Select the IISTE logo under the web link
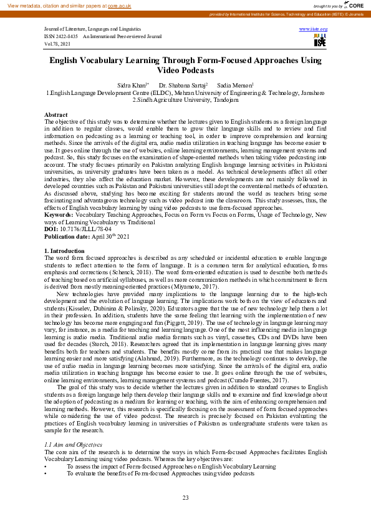click(320, 41)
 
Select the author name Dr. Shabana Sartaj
click(183, 84)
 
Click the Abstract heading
click(56, 116)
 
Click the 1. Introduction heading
click(62, 251)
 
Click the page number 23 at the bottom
click(185, 498)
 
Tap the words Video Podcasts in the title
click(185, 71)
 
